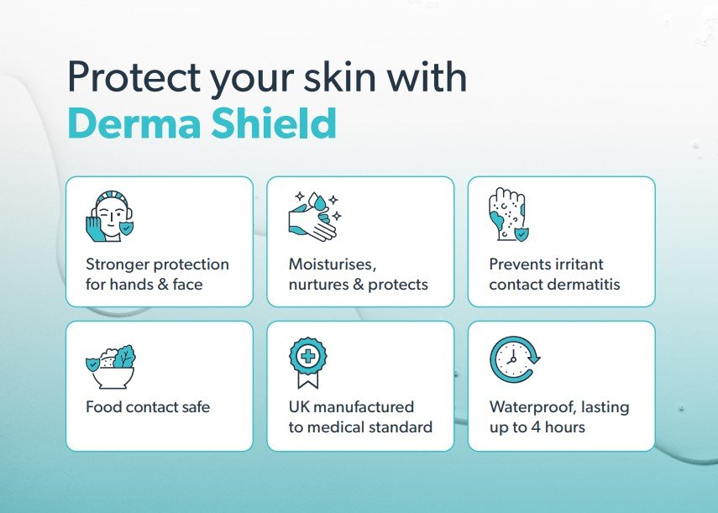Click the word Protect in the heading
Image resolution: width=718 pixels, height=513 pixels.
coord(134,76)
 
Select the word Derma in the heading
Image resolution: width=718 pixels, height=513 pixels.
coord(134,123)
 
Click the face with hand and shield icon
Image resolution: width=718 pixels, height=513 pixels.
coord(110,216)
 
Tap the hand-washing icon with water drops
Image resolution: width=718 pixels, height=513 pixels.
coord(315,216)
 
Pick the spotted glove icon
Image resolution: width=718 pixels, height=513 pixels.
coord(509,214)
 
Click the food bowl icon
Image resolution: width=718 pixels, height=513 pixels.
coord(111,367)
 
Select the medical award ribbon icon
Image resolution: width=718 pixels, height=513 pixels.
coord(308,363)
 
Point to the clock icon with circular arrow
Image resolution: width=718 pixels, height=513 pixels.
coord(515,359)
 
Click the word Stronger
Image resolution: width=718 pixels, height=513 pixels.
coord(118,264)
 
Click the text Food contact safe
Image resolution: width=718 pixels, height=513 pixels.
coord(148,407)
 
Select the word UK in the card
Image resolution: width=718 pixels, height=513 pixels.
coord(299,407)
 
